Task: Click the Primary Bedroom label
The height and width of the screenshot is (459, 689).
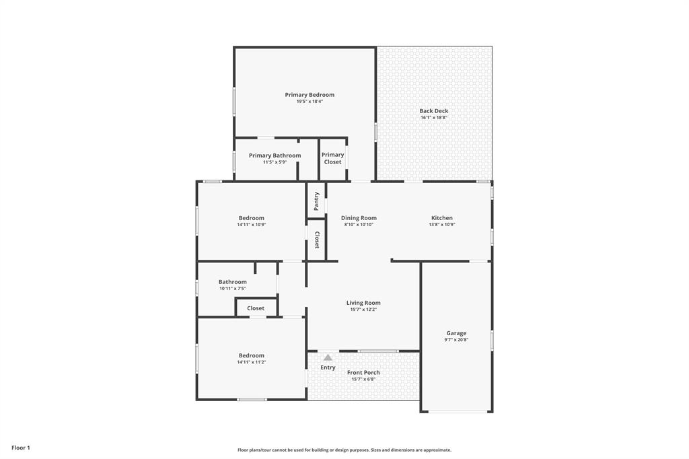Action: coord(310,95)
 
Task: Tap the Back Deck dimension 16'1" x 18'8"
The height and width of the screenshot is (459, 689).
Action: coord(434,118)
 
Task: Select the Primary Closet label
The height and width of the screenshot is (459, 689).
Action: coord(332,158)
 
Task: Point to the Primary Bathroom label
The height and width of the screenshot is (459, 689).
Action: coord(275,155)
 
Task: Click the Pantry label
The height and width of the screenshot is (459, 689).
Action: coord(316,201)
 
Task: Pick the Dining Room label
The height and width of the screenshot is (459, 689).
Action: coord(359,217)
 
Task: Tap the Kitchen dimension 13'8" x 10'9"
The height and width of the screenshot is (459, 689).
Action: coord(442,225)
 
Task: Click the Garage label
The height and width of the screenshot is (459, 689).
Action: coord(456,333)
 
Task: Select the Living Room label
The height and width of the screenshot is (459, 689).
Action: coord(363,303)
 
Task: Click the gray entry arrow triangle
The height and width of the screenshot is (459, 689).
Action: coord(328,357)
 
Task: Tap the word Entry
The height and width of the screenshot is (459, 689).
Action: coord(328,367)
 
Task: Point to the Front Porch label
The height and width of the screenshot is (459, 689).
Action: coord(363,372)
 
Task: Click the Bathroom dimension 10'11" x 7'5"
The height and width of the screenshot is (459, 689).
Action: coord(233,289)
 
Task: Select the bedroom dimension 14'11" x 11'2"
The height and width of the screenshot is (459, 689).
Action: coord(251,362)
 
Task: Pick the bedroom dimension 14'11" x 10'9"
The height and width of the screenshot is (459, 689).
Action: coord(251,225)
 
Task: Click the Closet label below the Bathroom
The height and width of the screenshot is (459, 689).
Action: coord(256,308)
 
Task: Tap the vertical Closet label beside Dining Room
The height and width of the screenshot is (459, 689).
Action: coord(316,240)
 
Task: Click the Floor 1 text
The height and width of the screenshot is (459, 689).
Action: coord(21,448)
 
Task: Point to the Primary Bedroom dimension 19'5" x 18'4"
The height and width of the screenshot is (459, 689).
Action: coord(310,102)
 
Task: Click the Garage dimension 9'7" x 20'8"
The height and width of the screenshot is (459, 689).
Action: coord(456,340)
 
